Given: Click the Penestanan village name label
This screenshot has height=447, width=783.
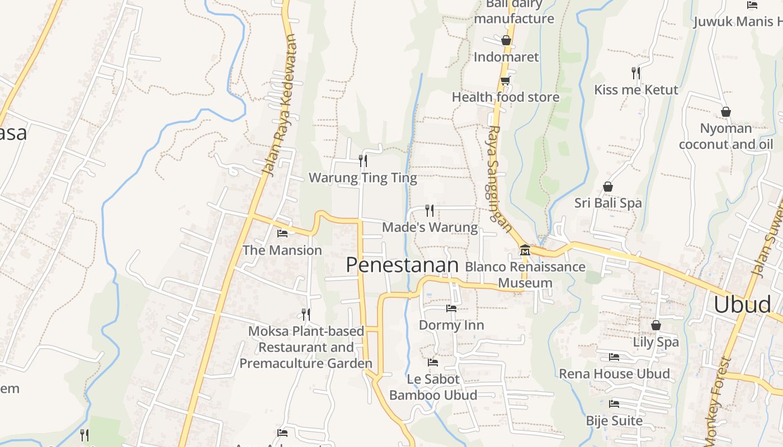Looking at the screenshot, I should tap(402, 265).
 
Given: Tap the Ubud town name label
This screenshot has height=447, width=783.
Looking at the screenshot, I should tap(742, 305).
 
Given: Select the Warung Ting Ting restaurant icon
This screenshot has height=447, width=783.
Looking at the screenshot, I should tap(363, 161).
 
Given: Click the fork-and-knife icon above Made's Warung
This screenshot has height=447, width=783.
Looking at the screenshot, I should tap(430, 210).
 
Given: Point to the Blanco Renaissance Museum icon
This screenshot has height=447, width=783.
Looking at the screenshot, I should tap(525, 250).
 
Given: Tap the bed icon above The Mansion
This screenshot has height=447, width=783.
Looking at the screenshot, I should tap(282, 233).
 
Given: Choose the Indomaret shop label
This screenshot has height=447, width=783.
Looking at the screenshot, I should tap(506, 57).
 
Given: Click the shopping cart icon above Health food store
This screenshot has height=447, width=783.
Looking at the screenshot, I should tap(505, 80).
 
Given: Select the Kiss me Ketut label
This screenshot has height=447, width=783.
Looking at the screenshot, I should tap(636, 90).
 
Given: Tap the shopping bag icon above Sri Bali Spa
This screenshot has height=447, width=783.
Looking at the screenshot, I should tap(608, 187).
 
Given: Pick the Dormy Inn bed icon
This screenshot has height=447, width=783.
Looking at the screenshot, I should tap(451, 308).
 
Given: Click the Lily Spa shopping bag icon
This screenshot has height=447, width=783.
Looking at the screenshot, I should tap(656, 325).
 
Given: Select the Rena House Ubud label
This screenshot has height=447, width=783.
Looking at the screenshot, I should tap(614, 374).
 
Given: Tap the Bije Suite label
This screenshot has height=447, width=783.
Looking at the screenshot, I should tap(614, 420).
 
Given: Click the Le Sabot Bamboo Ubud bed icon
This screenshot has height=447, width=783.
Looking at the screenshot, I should tap(433, 362).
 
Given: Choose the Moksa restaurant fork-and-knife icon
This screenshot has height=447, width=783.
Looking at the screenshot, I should tap(305, 315).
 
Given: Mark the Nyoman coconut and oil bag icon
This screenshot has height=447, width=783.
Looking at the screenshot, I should tap(725, 112).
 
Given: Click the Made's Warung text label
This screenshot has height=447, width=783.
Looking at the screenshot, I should tap(430, 227).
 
